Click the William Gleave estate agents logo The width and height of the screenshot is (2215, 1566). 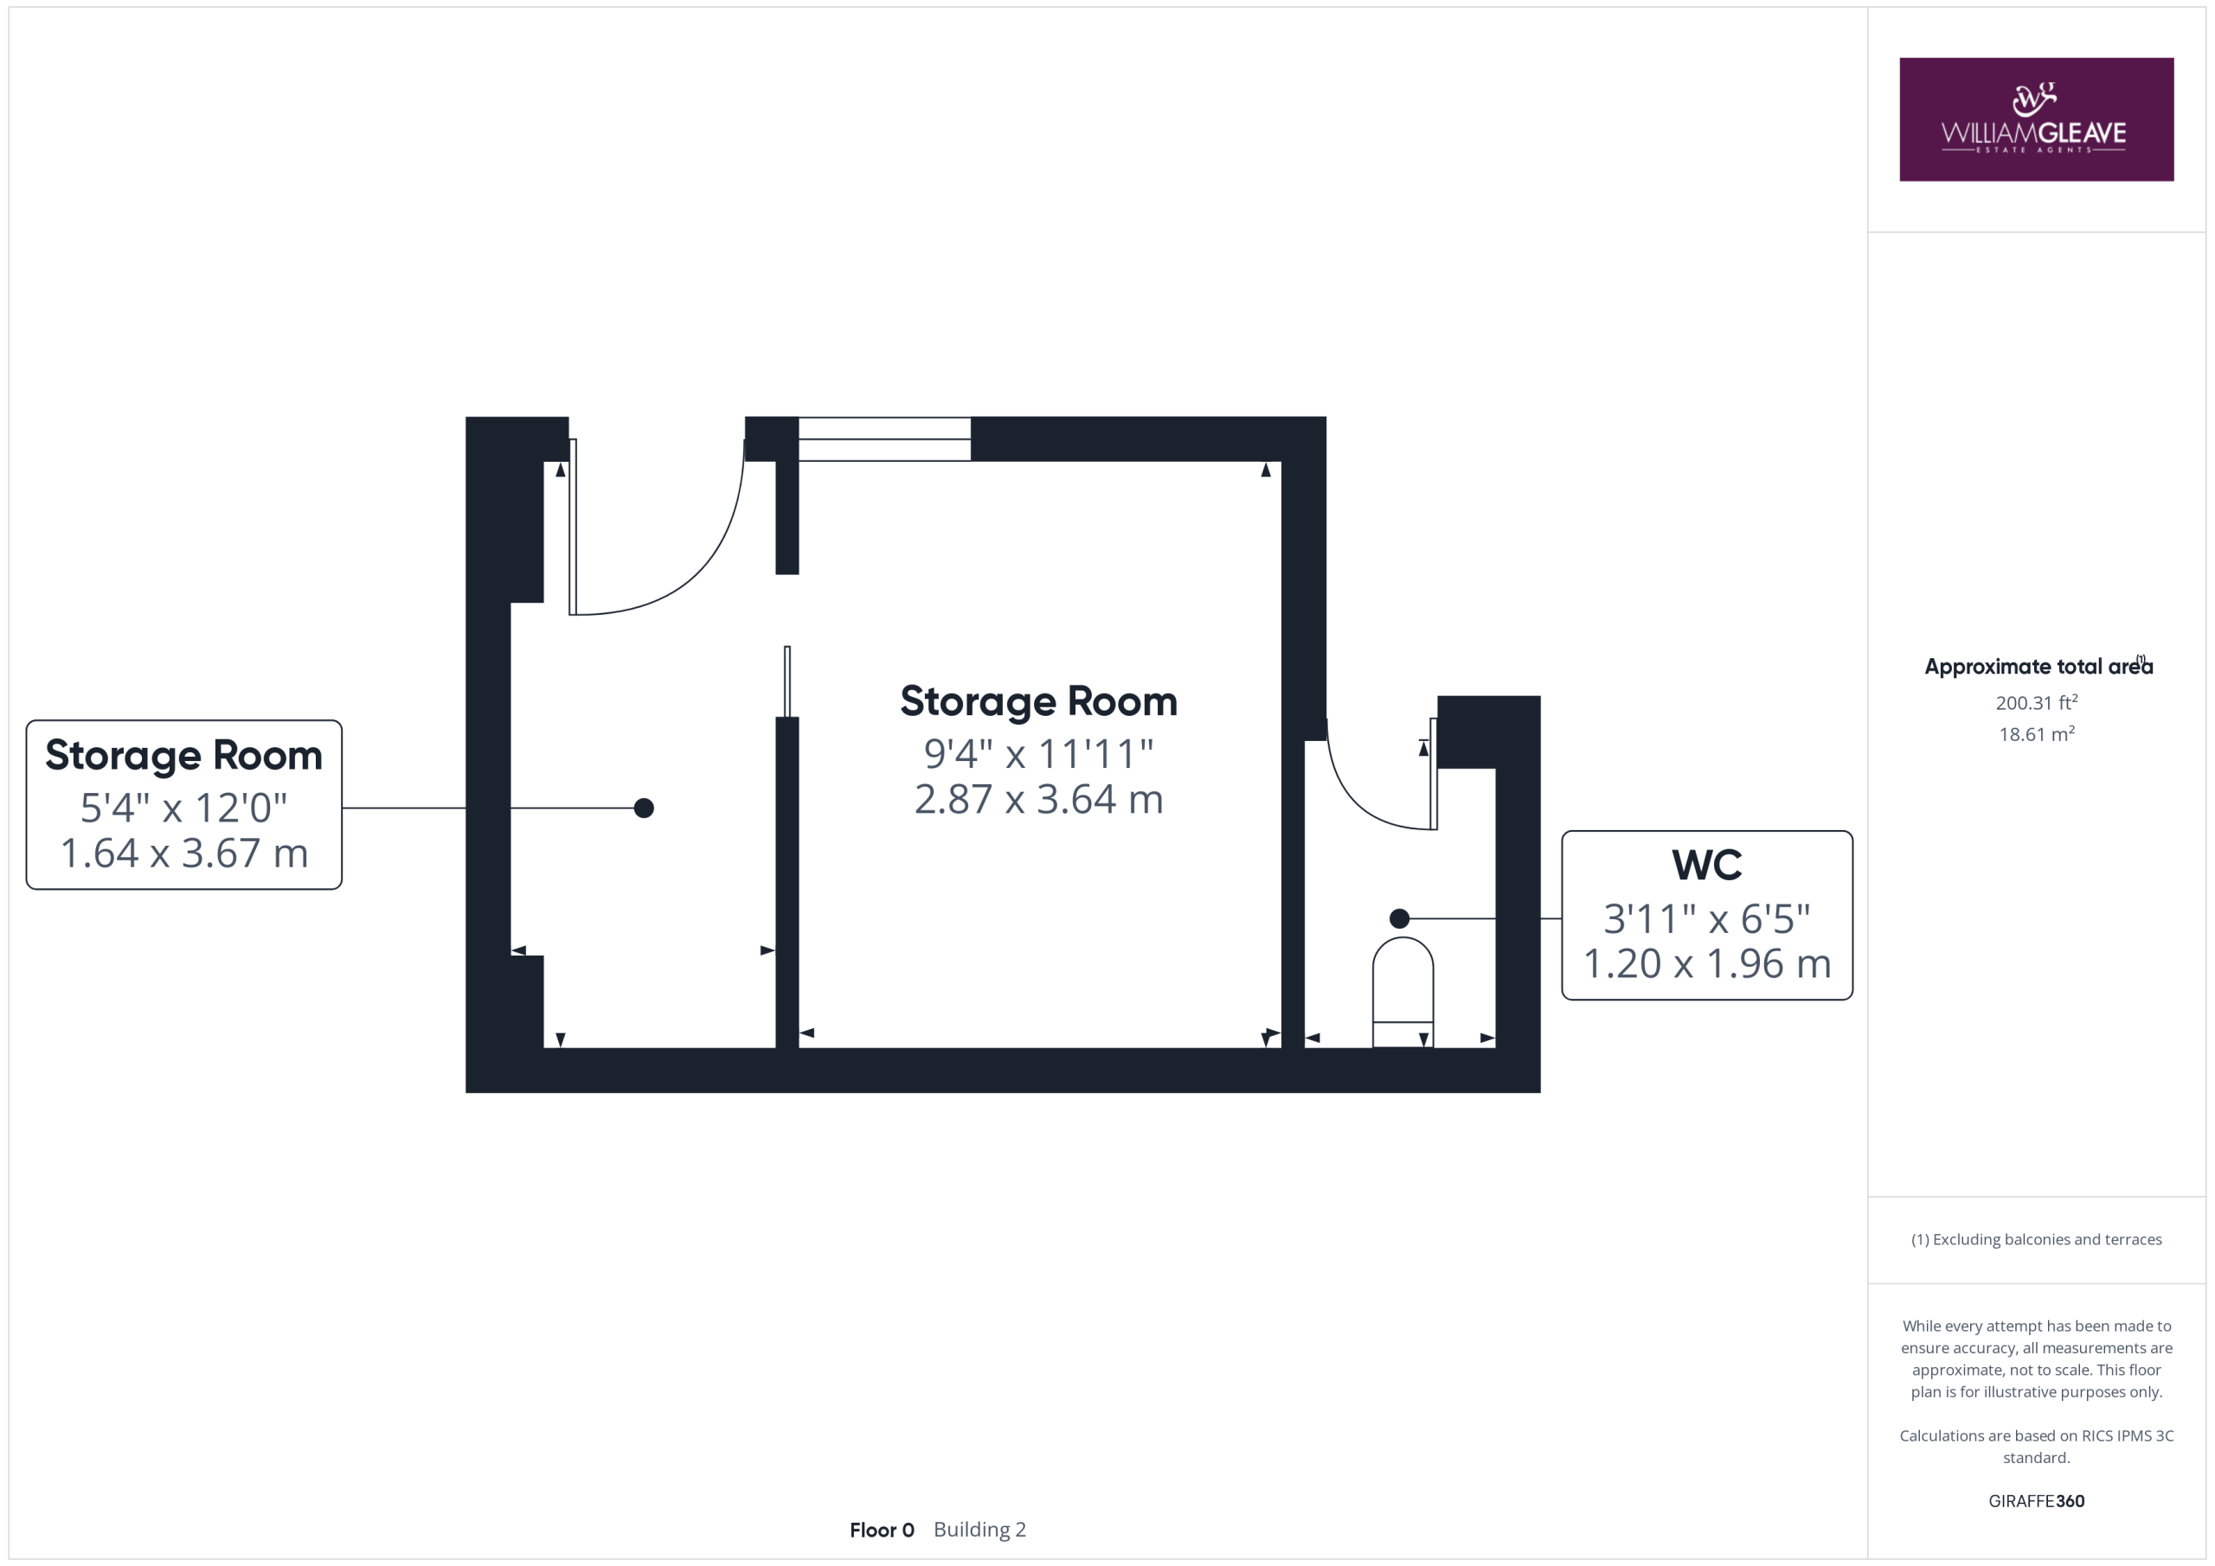[x=2036, y=119]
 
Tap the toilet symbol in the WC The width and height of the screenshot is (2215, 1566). [x=1403, y=991]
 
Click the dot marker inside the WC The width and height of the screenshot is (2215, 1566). [x=1399, y=918]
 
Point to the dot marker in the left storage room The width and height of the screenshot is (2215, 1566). [x=644, y=808]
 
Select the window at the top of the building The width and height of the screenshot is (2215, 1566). [x=883, y=438]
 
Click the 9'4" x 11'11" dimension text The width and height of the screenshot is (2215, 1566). [x=1038, y=754]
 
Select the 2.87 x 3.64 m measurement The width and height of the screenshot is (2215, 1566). [x=1038, y=799]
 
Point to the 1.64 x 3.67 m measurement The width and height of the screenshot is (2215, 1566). [x=184, y=853]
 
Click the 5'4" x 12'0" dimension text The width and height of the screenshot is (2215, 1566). [x=183, y=808]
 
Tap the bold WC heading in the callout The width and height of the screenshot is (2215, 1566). [x=1706, y=865]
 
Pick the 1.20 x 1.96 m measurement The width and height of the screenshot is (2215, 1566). [x=1706, y=964]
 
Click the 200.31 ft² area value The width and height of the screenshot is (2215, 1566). [x=2037, y=702]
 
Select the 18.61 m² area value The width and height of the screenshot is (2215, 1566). [x=2037, y=734]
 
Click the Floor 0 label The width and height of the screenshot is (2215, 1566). [x=882, y=1531]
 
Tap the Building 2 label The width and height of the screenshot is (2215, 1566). [x=979, y=1531]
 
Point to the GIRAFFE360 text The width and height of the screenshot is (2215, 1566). [x=2036, y=1501]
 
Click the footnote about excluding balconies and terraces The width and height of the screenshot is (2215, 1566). [x=2036, y=1240]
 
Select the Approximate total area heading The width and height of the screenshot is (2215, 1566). [x=2038, y=667]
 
